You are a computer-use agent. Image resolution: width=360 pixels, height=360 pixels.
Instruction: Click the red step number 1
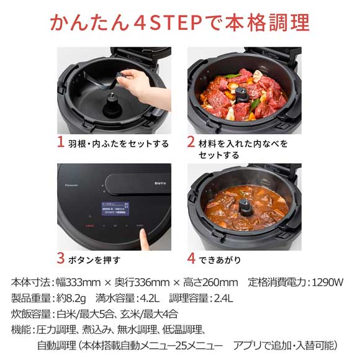point(61,142)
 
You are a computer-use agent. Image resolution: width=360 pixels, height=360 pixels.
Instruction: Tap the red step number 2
point(192,142)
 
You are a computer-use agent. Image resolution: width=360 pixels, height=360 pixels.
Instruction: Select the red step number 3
point(61,259)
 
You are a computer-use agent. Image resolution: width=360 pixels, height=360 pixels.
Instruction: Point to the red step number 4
point(192,259)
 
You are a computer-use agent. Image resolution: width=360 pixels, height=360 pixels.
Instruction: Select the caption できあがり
point(220,260)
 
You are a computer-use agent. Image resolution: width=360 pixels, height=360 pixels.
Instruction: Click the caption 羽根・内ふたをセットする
point(118,143)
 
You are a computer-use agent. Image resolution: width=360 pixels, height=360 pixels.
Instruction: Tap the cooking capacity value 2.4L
point(220,298)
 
